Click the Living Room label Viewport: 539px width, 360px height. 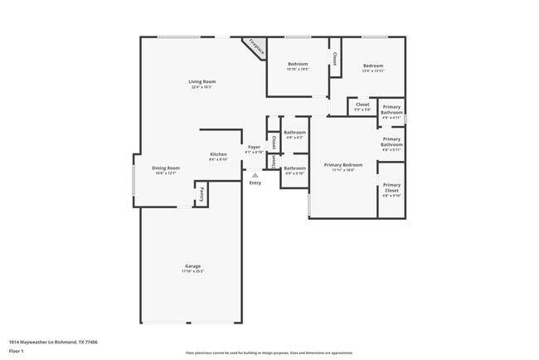(x=202, y=81)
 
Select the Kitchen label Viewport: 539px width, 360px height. (x=218, y=155)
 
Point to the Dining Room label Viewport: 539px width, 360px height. (x=166, y=168)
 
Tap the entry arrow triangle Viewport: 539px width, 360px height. (x=255, y=174)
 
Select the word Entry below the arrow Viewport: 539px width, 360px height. (x=255, y=182)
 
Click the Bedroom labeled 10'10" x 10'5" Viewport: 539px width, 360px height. (x=298, y=66)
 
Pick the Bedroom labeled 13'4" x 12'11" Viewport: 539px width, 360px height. (x=373, y=67)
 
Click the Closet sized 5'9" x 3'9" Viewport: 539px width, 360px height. (x=363, y=106)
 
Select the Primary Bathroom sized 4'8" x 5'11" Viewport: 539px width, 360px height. (x=391, y=144)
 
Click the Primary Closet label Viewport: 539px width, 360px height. (x=391, y=187)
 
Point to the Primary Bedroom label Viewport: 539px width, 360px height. (x=342, y=166)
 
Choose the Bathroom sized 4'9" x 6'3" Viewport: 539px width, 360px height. (x=294, y=134)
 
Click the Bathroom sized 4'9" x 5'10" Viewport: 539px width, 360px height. (x=294, y=170)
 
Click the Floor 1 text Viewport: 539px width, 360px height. (x=17, y=351)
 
